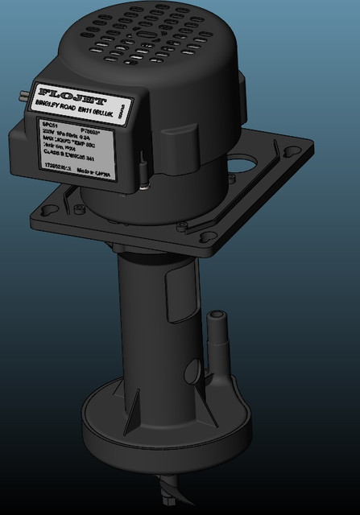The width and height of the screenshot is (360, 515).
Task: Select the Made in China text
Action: pos(98,171)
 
